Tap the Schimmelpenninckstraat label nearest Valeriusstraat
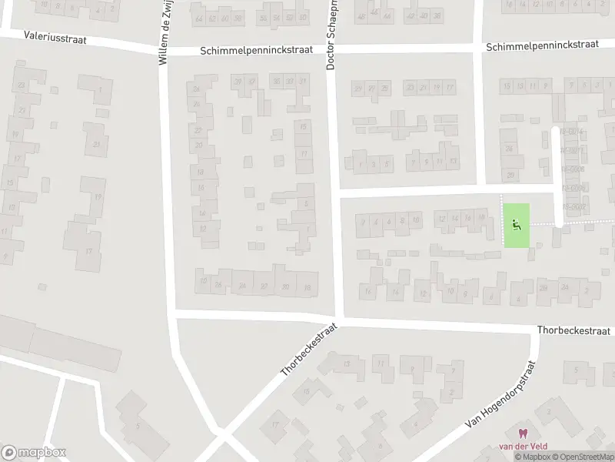[x=256, y=49]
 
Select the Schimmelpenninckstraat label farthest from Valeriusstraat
[x=542, y=45]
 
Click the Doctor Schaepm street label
[x=332, y=35]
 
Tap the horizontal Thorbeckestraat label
[x=573, y=330]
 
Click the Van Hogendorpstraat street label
[x=500, y=397]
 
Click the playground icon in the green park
[x=517, y=225]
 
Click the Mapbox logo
[x=34, y=452]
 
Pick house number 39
[x=238, y=82]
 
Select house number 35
[x=276, y=81]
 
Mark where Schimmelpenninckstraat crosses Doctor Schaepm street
[x=332, y=49]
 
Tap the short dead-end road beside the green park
[x=557, y=177]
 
